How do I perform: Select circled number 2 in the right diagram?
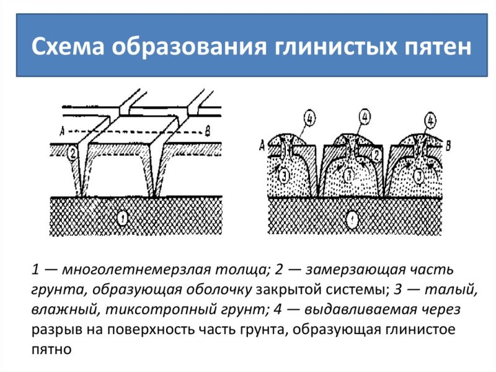point(377,155)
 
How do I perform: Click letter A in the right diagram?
point(262,145)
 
